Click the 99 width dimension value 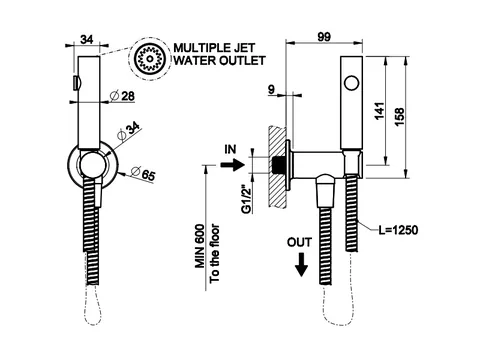(324, 36)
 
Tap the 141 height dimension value (379, 111)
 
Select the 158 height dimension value (399, 117)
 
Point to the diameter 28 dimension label (122, 96)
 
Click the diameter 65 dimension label (143, 174)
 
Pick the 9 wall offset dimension (271, 89)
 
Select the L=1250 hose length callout (398, 230)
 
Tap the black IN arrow (233, 164)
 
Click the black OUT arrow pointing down (301, 264)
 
